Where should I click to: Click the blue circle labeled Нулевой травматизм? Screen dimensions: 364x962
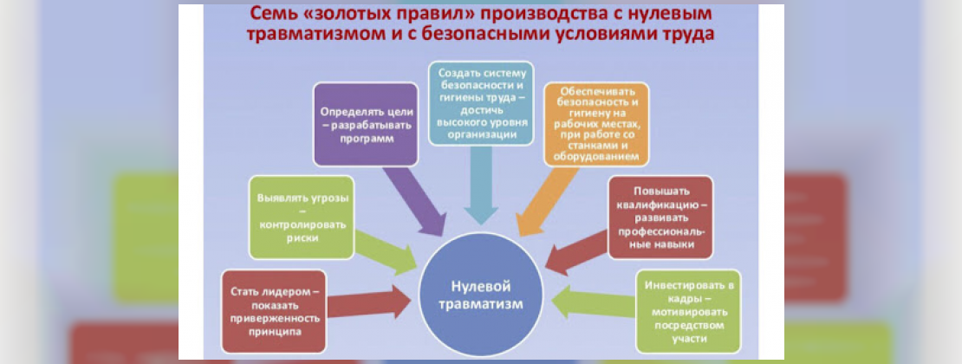click(x=480, y=295)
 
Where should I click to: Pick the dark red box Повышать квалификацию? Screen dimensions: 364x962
click(x=660, y=218)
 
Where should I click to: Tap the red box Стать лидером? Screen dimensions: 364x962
click(x=274, y=309)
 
